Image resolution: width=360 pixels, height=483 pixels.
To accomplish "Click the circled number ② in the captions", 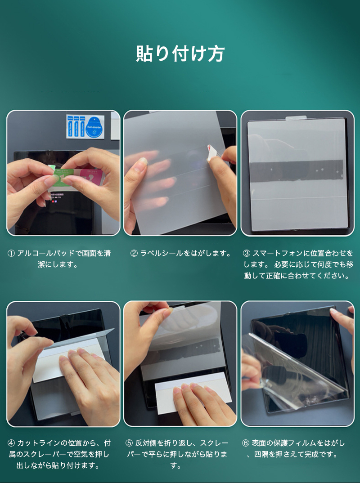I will coord(134,253).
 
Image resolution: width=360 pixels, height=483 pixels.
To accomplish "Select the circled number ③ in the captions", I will coord(246,253).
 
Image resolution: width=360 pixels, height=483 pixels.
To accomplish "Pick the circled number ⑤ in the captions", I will coord(129,443).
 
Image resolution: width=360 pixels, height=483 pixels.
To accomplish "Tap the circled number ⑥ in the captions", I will coord(246,443).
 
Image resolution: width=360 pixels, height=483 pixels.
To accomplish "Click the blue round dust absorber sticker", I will coord(94,125).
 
